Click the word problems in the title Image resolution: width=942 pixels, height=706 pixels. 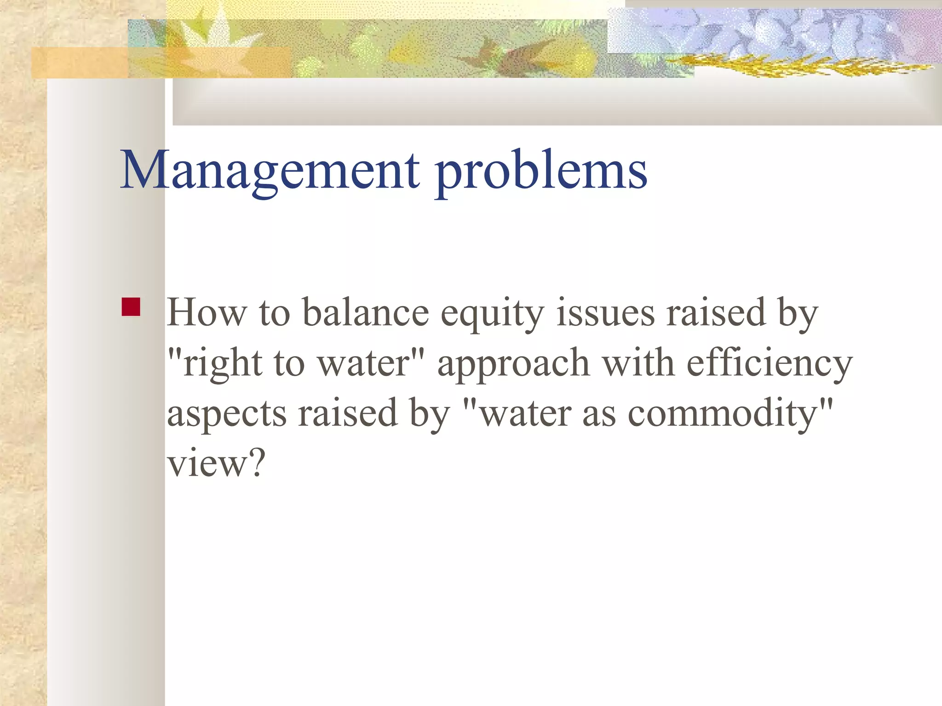tap(541, 173)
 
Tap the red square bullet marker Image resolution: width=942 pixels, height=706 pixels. tap(131, 307)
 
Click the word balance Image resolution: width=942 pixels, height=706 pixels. tap(366, 313)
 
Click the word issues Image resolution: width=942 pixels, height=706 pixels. tap(605, 313)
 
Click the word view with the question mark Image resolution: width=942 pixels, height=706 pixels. tap(216, 463)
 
